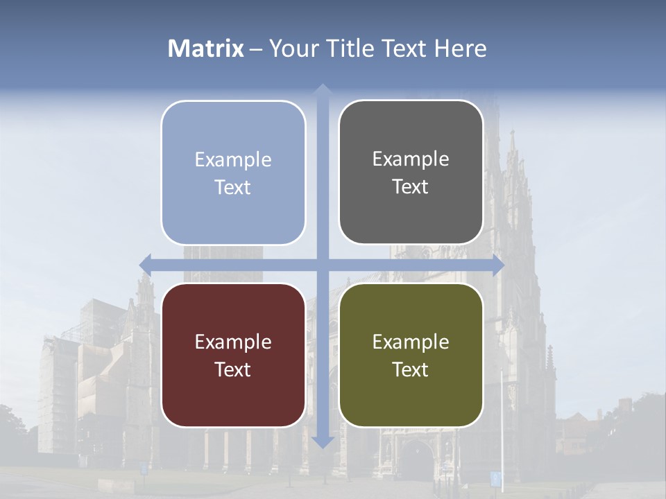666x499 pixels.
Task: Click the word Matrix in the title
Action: tap(206, 49)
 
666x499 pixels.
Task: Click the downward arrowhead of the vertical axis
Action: tap(322, 441)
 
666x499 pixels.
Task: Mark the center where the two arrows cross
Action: tap(322, 265)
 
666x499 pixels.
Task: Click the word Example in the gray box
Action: tap(411, 159)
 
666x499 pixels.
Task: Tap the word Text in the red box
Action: tap(232, 369)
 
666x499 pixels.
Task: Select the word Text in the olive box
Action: tap(411, 369)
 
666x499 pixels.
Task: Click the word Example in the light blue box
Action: tap(233, 160)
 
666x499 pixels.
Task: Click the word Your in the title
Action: tap(289, 49)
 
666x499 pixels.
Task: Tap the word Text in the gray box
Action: tap(411, 187)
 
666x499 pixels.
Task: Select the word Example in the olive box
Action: tap(411, 342)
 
